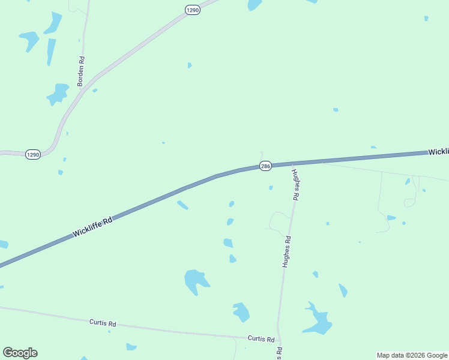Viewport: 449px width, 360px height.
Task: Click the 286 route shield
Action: (266, 166)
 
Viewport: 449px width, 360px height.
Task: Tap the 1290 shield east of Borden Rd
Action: (192, 10)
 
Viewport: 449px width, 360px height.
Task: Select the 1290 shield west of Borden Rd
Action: (32, 155)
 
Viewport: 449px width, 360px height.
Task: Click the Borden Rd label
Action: (82, 71)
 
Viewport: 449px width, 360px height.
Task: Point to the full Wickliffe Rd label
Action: (92, 227)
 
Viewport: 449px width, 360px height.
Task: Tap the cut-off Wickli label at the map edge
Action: (438, 152)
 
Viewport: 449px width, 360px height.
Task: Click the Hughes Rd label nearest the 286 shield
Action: (295, 184)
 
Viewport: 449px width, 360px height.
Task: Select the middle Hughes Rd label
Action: (287, 251)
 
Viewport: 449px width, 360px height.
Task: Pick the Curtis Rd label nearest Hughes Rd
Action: (262, 338)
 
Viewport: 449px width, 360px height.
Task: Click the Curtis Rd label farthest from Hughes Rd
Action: (102, 323)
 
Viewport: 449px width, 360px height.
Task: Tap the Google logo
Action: (20, 353)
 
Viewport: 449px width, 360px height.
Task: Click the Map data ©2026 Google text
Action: (412, 355)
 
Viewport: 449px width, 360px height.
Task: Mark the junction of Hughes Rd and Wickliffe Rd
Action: (292, 164)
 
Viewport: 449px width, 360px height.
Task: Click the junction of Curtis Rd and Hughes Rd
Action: (279, 340)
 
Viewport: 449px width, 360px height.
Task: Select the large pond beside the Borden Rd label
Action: (58, 94)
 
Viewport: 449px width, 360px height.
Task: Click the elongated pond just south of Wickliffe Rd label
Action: (182, 205)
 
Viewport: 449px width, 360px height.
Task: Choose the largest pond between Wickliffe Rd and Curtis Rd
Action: (196, 280)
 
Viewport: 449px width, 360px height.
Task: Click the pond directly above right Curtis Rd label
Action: (241, 311)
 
